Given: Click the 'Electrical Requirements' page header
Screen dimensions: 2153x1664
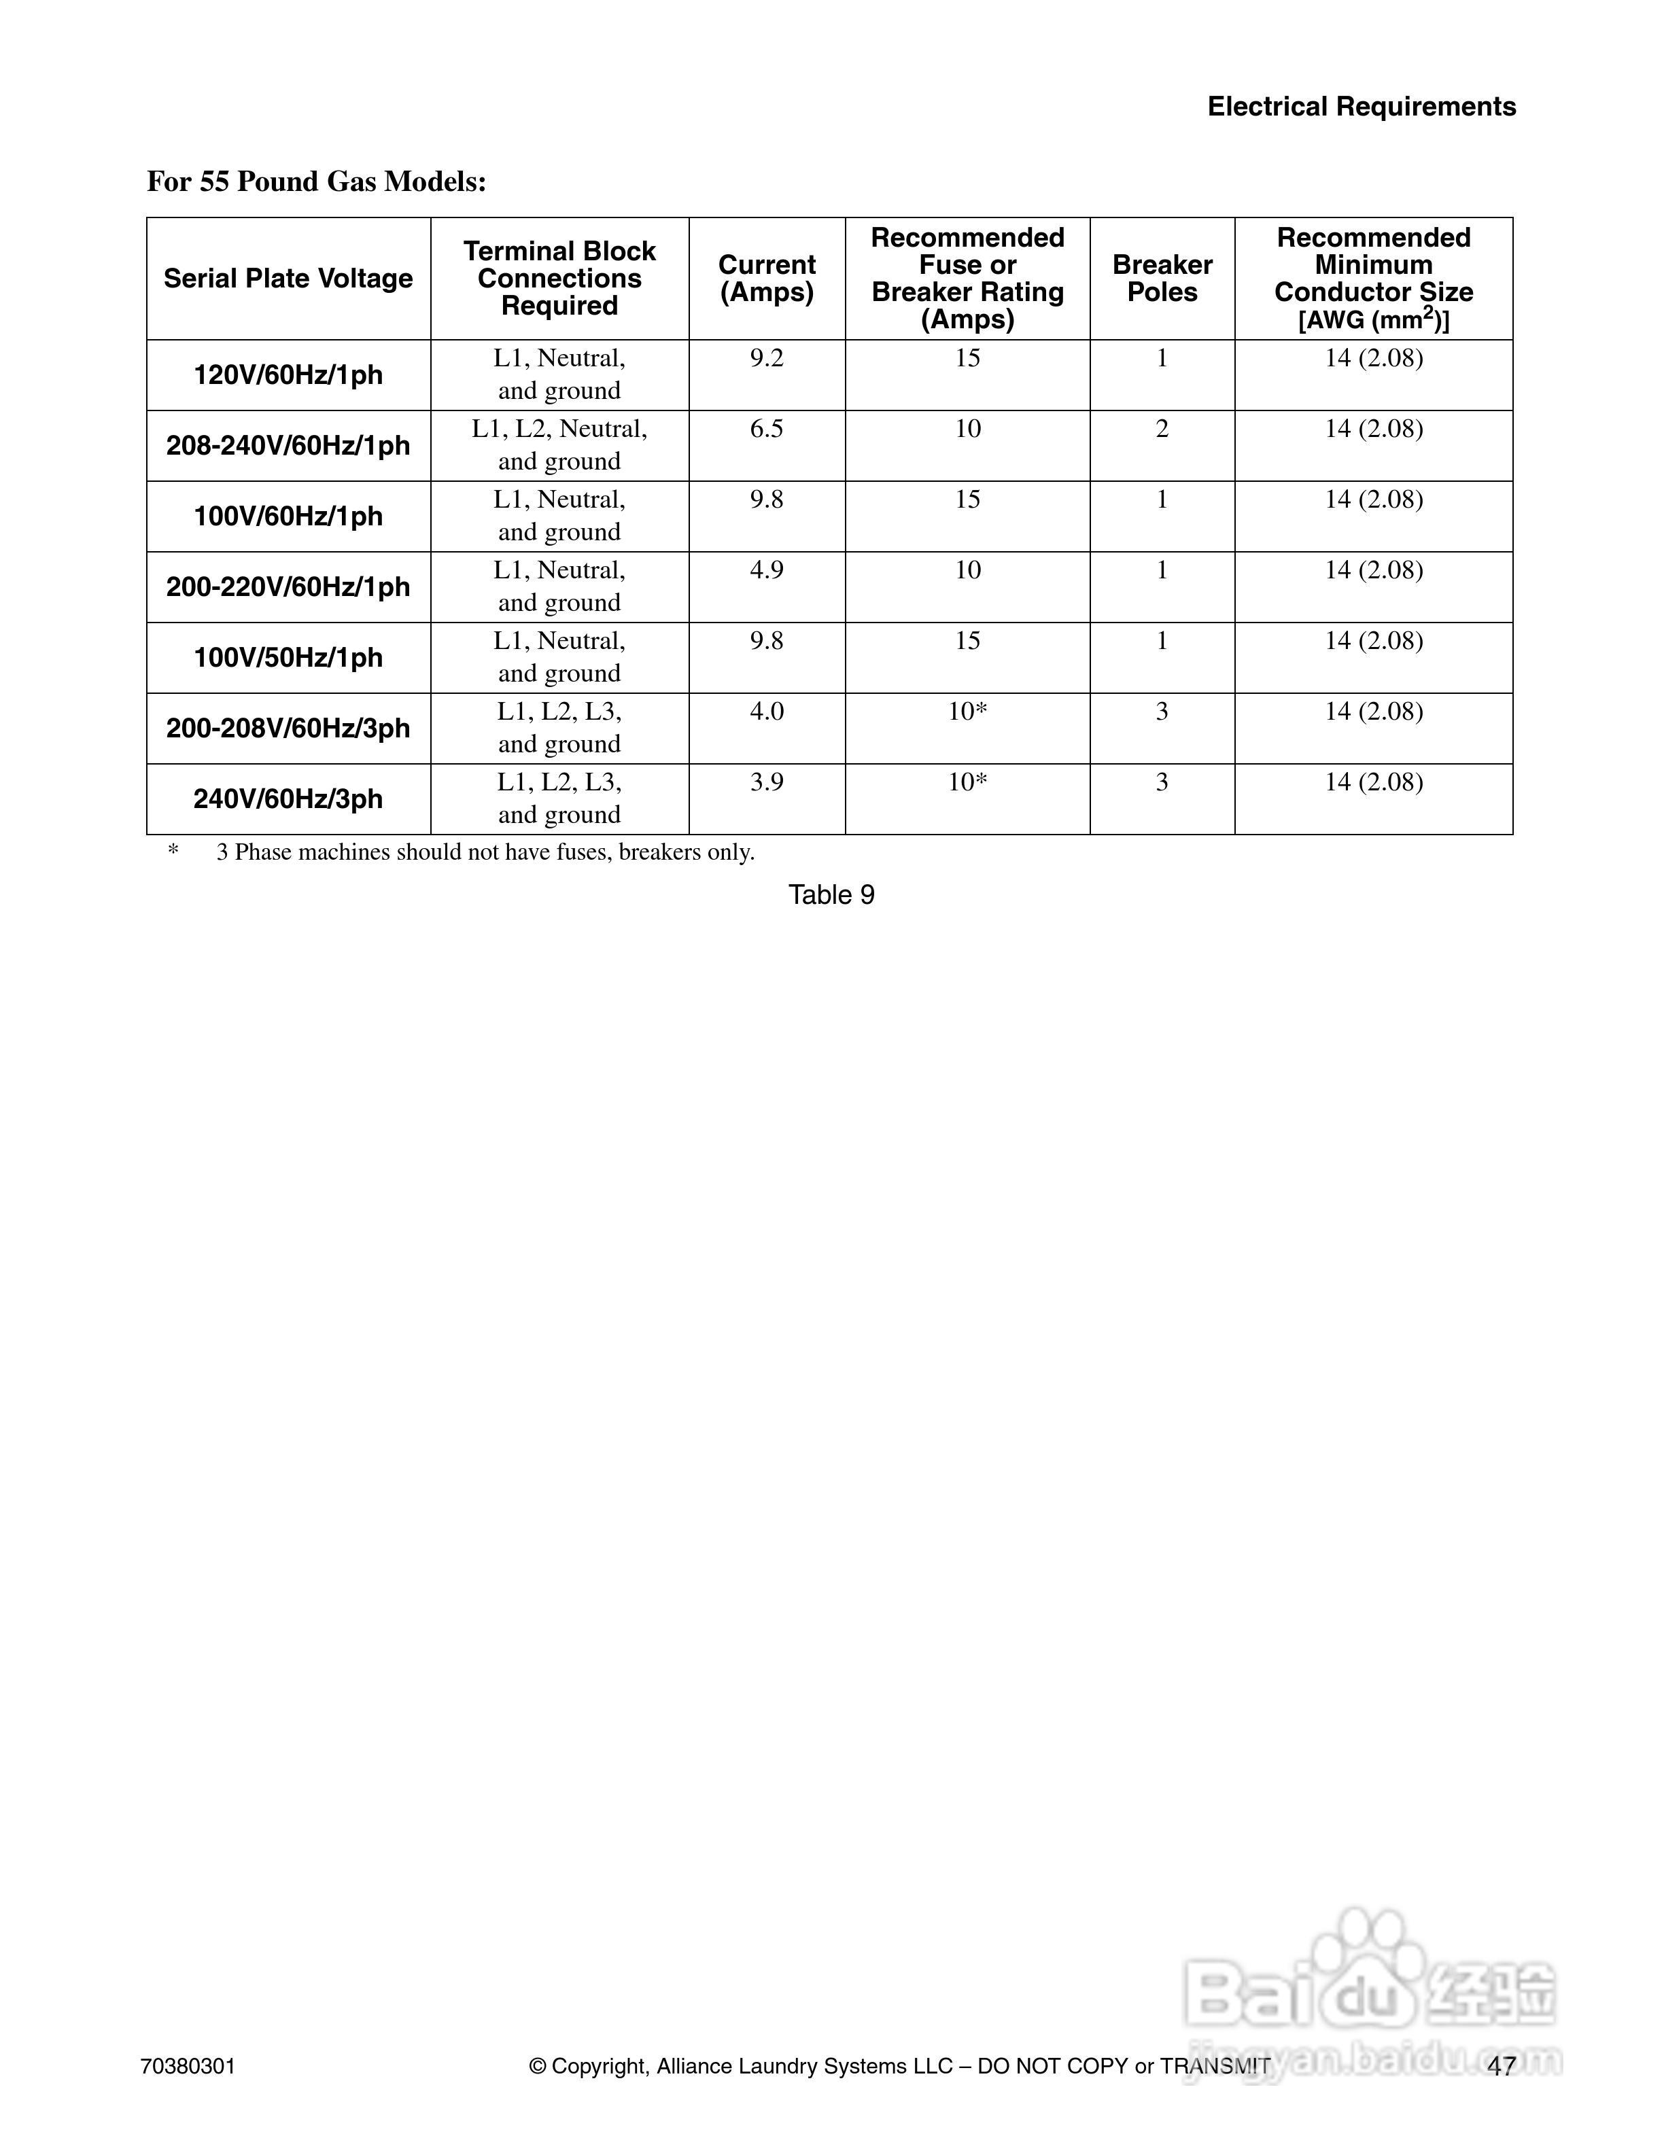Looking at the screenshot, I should point(1362,107).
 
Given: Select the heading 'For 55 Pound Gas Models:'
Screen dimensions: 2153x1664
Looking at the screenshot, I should point(317,181).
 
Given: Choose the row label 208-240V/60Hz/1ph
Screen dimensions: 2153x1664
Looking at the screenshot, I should point(288,446).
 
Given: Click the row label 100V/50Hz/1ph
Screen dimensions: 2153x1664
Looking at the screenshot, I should point(288,658).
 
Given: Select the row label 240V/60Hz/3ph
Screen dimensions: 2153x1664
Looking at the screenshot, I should point(288,799).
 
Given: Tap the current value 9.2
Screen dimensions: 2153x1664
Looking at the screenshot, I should point(767,358).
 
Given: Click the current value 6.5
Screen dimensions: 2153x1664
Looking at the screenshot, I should point(767,429).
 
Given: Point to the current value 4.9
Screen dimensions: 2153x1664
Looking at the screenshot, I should point(767,570).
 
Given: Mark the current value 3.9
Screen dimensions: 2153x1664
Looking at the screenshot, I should point(767,782).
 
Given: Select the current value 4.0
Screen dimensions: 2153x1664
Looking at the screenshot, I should point(767,711).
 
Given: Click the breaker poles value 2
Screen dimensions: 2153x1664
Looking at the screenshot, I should point(1162,429).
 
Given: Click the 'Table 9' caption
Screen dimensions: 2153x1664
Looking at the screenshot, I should point(831,894).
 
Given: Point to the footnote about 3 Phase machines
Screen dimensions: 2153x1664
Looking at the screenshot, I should point(485,852).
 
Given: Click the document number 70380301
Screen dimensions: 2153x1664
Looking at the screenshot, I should point(188,2066).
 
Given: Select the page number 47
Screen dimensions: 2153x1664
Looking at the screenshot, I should point(1502,2066).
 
